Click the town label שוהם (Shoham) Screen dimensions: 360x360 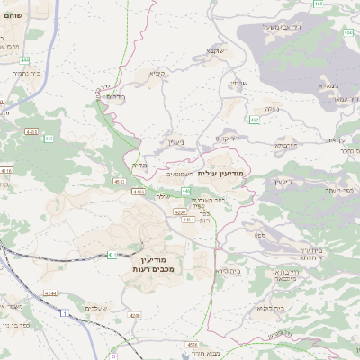point(13,16)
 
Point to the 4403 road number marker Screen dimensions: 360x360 point(32,131)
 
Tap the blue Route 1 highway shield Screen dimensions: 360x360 point(65,312)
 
